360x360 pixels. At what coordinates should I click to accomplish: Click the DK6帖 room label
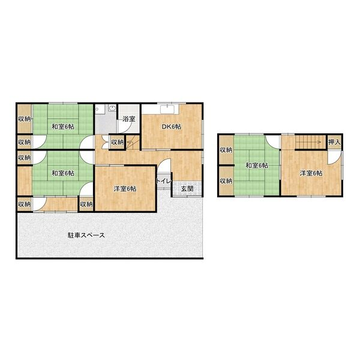pyautogui.click(x=172, y=127)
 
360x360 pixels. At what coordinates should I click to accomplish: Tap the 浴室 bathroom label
pyautogui.click(x=129, y=119)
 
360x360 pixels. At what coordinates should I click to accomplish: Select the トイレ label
pyautogui.click(x=164, y=181)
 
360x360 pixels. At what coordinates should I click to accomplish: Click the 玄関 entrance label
pyautogui.click(x=187, y=189)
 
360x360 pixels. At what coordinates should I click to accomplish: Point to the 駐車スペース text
pyautogui.click(x=86, y=235)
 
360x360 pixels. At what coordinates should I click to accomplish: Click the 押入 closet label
pyautogui.click(x=334, y=142)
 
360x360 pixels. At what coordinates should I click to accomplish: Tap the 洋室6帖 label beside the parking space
pyautogui.click(x=125, y=189)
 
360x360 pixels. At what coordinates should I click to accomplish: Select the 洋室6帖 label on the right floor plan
pyautogui.click(x=311, y=173)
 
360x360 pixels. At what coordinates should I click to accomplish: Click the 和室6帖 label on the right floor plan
pyautogui.click(x=257, y=166)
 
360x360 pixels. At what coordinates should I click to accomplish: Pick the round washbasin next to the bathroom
pyautogui.click(x=112, y=108)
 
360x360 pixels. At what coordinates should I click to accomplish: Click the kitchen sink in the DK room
pyautogui.click(x=169, y=109)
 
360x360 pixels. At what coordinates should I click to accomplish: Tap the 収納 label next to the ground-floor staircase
pyautogui.click(x=118, y=142)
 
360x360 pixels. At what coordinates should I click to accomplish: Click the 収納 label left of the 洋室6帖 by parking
pyautogui.click(x=86, y=204)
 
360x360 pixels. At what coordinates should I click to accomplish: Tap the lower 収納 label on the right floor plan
pyautogui.click(x=226, y=181)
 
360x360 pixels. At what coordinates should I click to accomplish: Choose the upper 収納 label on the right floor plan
pyautogui.click(x=226, y=150)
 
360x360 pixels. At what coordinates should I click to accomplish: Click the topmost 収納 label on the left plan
pyautogui.click(x=25, y=119)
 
